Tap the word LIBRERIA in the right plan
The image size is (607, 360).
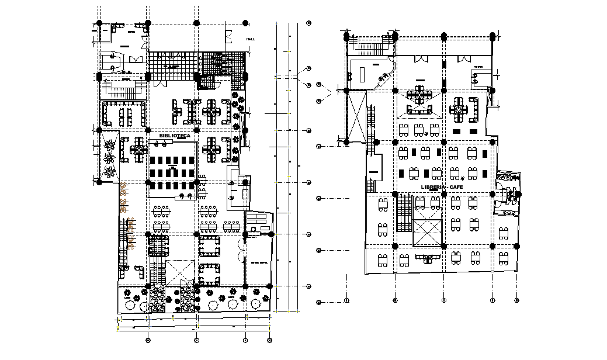(x=432, y=186)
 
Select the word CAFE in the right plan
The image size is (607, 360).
(x=455, y=186)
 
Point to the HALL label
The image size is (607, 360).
(x=251, y=39)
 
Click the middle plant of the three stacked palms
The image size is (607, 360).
(x=109, y=158)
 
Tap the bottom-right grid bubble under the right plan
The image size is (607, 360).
(x=516, y=300)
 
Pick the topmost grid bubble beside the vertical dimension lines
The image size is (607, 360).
(x=309, y=23)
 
